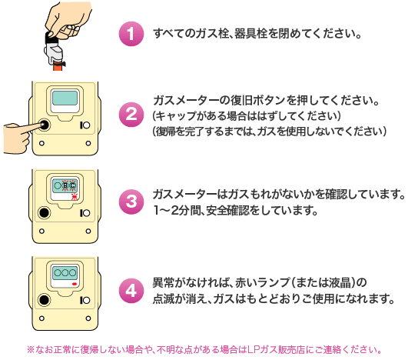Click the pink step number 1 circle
coord(131,34)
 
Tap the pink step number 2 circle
coord(131,115)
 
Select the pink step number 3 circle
coord(131,202)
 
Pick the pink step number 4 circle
coord(131,291)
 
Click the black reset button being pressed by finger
coord(45,125)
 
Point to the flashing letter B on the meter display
coord(65,185)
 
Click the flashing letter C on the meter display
coord(72,185)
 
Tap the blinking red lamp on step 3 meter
coord(75,197)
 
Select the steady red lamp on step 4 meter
coord(75,284)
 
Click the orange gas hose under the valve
coord(58,66)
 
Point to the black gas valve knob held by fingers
coord(51,37)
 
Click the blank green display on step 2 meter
coord(65,98)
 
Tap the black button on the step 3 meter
coord(45,213)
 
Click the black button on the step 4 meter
coord(45,300)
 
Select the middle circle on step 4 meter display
coord(65,273)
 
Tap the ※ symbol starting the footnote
coord(31,349)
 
